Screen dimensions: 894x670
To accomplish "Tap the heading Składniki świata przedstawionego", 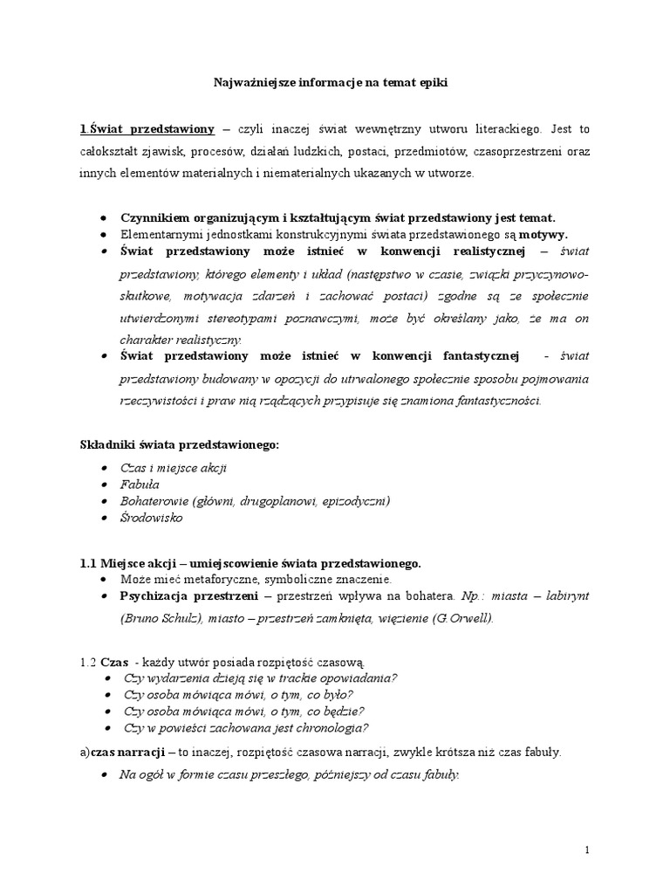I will (x=180, y=445).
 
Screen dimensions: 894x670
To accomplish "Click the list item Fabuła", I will (x=140, y=484).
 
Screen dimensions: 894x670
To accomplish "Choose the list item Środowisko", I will (x=153, y=519).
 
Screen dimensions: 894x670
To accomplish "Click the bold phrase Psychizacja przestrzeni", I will (x=188, y=595).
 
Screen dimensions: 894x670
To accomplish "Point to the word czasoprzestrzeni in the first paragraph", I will (x=523, y=151).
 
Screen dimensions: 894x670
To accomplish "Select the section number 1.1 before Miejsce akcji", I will (x=89, y=563).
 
